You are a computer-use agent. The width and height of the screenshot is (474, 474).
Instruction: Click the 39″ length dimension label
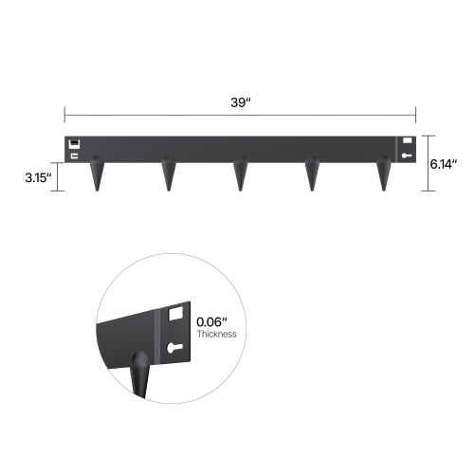pos(239,101)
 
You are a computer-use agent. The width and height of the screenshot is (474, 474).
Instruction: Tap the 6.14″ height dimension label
pos(443,163)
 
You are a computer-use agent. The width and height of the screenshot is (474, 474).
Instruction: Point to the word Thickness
pos(216,334)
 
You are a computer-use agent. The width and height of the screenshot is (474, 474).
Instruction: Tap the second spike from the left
pos(169,174)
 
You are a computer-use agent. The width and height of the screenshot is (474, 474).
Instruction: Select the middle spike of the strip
pos(241,174)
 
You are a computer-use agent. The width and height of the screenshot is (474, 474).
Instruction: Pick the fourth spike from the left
pos(312,174)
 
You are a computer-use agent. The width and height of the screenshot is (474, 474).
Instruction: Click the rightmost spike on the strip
pos(384,174)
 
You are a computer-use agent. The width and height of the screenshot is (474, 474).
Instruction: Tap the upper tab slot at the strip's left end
pos(74,143)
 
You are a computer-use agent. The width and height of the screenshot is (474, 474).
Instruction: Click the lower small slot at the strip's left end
pos(74,155)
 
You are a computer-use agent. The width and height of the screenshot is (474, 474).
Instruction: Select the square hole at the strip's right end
pos(408,142)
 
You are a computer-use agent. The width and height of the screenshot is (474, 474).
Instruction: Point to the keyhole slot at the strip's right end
pos(408,155)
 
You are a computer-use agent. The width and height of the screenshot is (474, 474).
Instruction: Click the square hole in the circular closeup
pos(175,312)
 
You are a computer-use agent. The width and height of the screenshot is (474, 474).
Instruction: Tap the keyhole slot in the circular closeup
pos(173,348)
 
